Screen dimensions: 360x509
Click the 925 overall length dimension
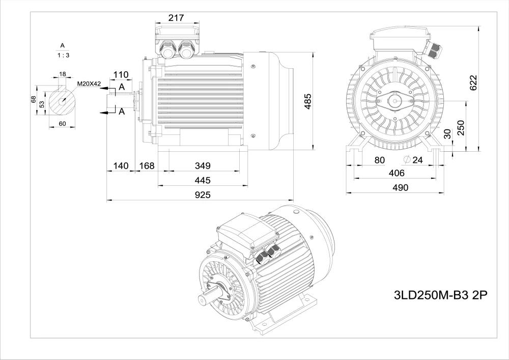(x=203, y=195)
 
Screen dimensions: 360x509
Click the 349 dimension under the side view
(x=203, y=166)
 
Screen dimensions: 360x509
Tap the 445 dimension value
(x=203, y=180)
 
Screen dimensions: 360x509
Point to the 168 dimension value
(x=147, y=166)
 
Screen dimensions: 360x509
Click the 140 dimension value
(x=121, y=166)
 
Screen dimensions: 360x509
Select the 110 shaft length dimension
(x=121, y=75)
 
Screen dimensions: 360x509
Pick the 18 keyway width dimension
(x=62, y=74)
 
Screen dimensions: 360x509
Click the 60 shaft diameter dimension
(x=62, y=123)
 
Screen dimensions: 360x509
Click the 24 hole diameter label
(x=417, y=160)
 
